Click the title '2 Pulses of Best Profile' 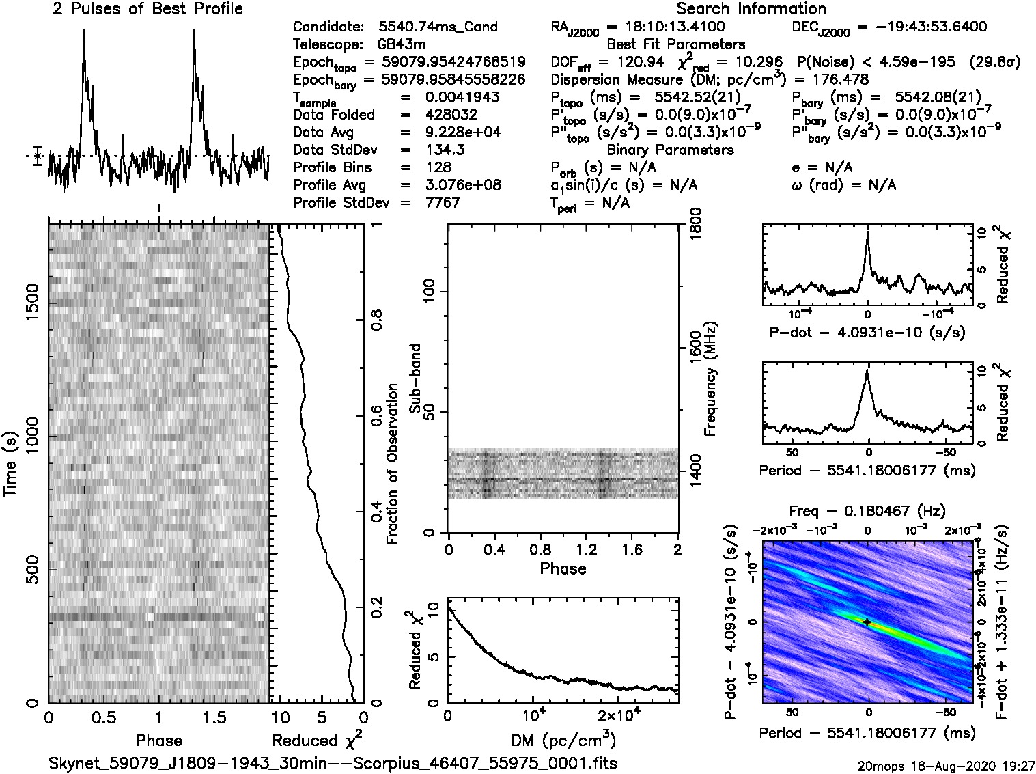point(148,9)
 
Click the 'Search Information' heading point(751,9)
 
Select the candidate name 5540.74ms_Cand point(438,27)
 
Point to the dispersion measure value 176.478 point(837,79)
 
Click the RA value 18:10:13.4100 point(666,27)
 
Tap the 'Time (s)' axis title point(11,465)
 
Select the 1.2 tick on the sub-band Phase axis point(586,549)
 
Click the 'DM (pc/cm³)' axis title point(563,741)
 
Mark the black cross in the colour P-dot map point(867,622)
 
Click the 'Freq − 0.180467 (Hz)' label point(867,512)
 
